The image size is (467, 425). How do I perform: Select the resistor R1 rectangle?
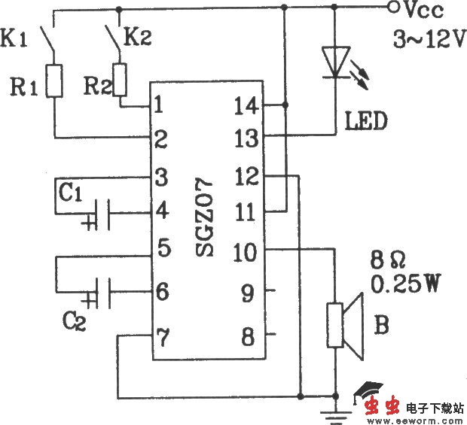tap(53, 80)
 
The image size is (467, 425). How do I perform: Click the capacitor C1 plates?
tap(104, 214)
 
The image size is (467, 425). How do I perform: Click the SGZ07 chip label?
tap(206, 219)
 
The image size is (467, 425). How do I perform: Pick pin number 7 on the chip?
tap(160, 334)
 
